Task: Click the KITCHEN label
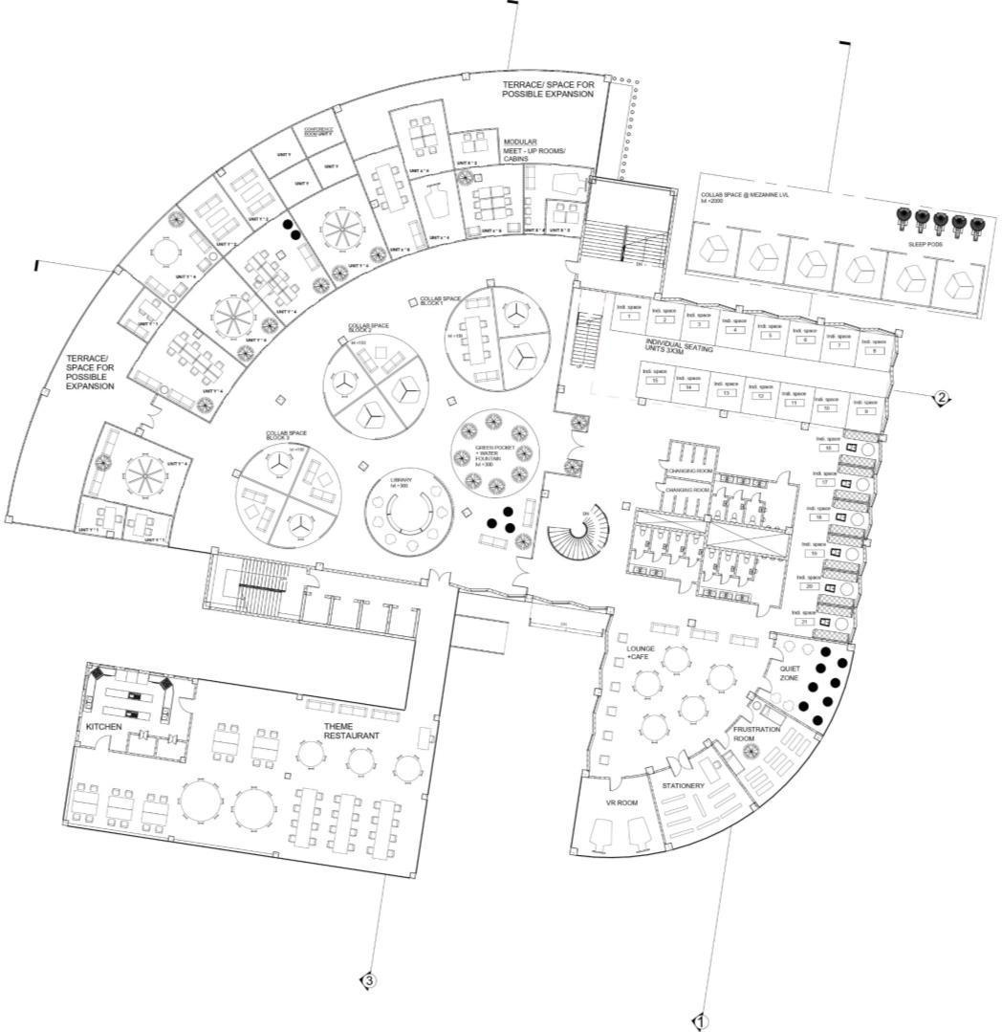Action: (103, 727)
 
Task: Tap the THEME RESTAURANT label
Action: (351, 732)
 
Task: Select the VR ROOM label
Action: (621, 803)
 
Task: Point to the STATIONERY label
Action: (684, 785)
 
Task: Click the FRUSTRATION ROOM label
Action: (756, 735)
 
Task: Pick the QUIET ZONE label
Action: (789, 673)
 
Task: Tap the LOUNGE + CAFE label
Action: (641, 652)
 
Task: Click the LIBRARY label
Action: (401, 481)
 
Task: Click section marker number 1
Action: (700, 1021)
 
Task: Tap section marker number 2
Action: (942, 398)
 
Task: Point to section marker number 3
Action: (368, 979)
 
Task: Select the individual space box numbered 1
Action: (628, 316)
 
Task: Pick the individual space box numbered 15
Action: (655, 381)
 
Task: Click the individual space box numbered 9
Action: (865, 410)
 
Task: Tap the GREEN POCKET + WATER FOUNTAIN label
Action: (493, 451)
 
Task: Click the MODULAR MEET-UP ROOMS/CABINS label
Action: (534, 150)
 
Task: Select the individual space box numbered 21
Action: (805, 622)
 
